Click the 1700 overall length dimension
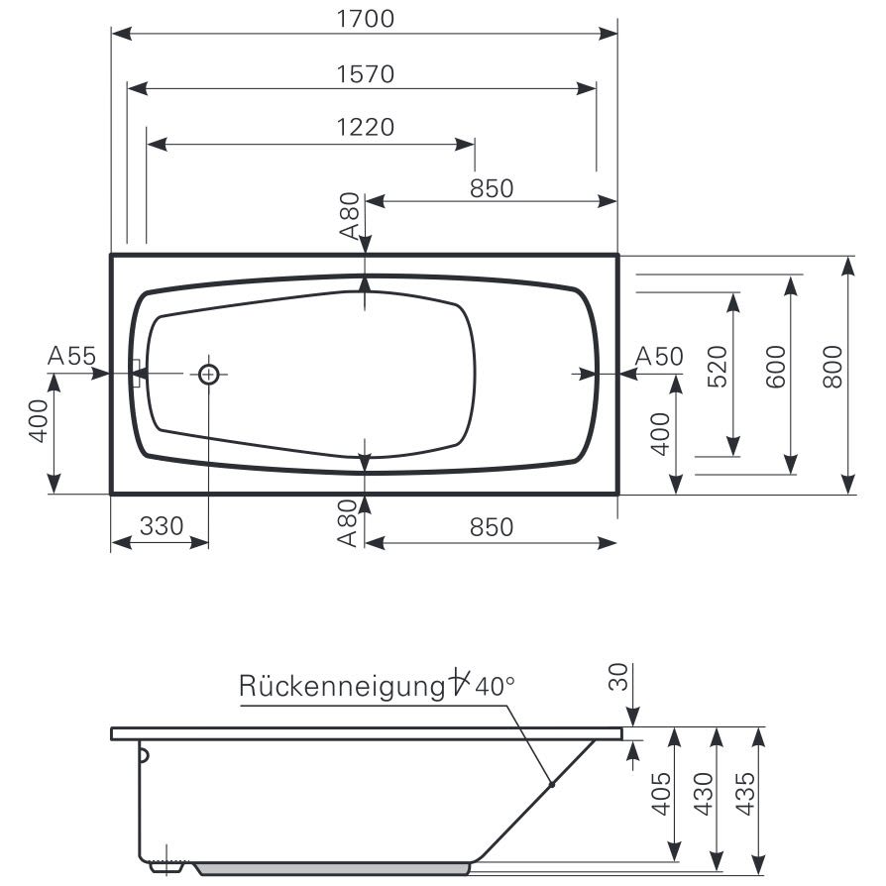tap(366, 19)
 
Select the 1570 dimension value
tap(366, 74)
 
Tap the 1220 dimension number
tap(366, 127)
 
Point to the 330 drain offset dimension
tap(162, 526)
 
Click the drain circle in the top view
tap(208, 374)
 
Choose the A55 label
tap(71, 356)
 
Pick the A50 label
tap(659, 357)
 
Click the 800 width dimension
tap(832, 367)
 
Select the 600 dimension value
tap(776, 367)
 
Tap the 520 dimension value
tap(718, 367)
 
